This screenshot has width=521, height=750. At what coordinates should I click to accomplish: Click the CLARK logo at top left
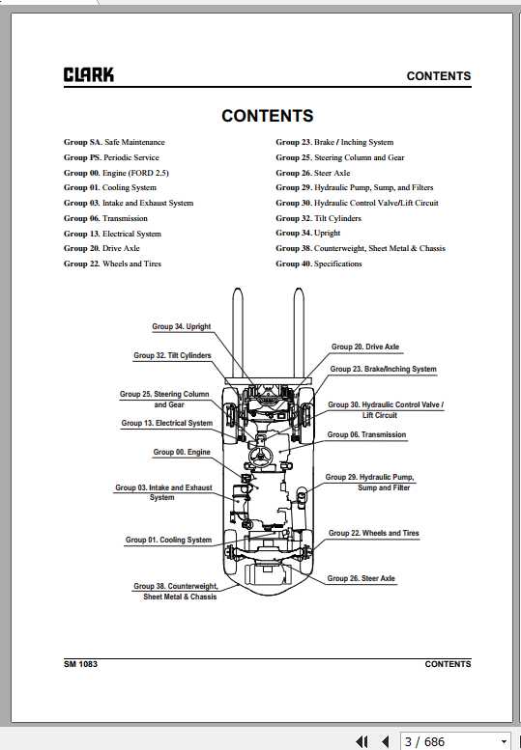(89, 74)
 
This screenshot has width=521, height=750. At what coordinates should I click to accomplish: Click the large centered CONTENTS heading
(267, 116)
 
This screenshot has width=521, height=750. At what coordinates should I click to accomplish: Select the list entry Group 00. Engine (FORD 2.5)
(116, 173)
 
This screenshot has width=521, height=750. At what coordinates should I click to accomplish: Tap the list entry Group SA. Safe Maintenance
(114, 142)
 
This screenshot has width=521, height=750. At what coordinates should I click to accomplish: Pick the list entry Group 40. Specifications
(318, 264)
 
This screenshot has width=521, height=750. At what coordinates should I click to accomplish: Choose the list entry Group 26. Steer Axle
(312, 173)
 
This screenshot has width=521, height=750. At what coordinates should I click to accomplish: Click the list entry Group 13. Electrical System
(112, 234)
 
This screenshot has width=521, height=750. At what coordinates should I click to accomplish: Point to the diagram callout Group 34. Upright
(182, 326)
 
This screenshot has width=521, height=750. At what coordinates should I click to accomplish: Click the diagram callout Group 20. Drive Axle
(365, 347)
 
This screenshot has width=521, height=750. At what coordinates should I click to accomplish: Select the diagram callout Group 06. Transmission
(366, 434)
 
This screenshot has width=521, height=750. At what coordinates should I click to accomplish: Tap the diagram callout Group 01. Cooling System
(168, 540)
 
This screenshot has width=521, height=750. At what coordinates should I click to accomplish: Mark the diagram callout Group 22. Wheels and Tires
(373, 534)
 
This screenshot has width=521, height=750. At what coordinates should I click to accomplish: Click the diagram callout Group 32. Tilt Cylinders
(172, 356)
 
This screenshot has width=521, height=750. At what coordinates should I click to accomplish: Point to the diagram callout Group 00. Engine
(182, 452)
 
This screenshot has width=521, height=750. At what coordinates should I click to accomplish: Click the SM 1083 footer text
(80, 664)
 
